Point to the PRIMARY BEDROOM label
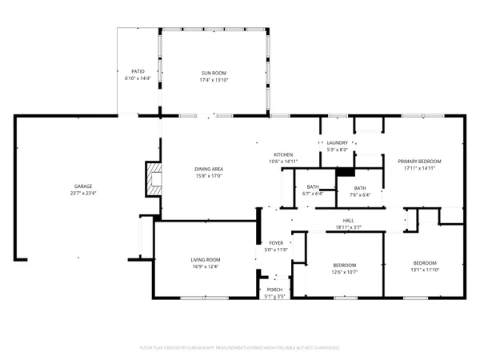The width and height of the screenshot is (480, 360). (x=419, y=162)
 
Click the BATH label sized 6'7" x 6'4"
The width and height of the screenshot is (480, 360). (x=313, y=186)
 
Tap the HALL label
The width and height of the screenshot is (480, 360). (x=348, y=222)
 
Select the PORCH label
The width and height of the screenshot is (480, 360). (x=274, y=290)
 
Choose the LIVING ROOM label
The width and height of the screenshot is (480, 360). (x=205, y=260)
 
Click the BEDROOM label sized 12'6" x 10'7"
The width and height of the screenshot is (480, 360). (x=344, y=265)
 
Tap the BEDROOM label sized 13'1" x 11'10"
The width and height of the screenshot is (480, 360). (x=424, y=263)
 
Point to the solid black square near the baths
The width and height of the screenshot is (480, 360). (x=345, y=171)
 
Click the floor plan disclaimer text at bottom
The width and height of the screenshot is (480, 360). (x=239, y=348)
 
